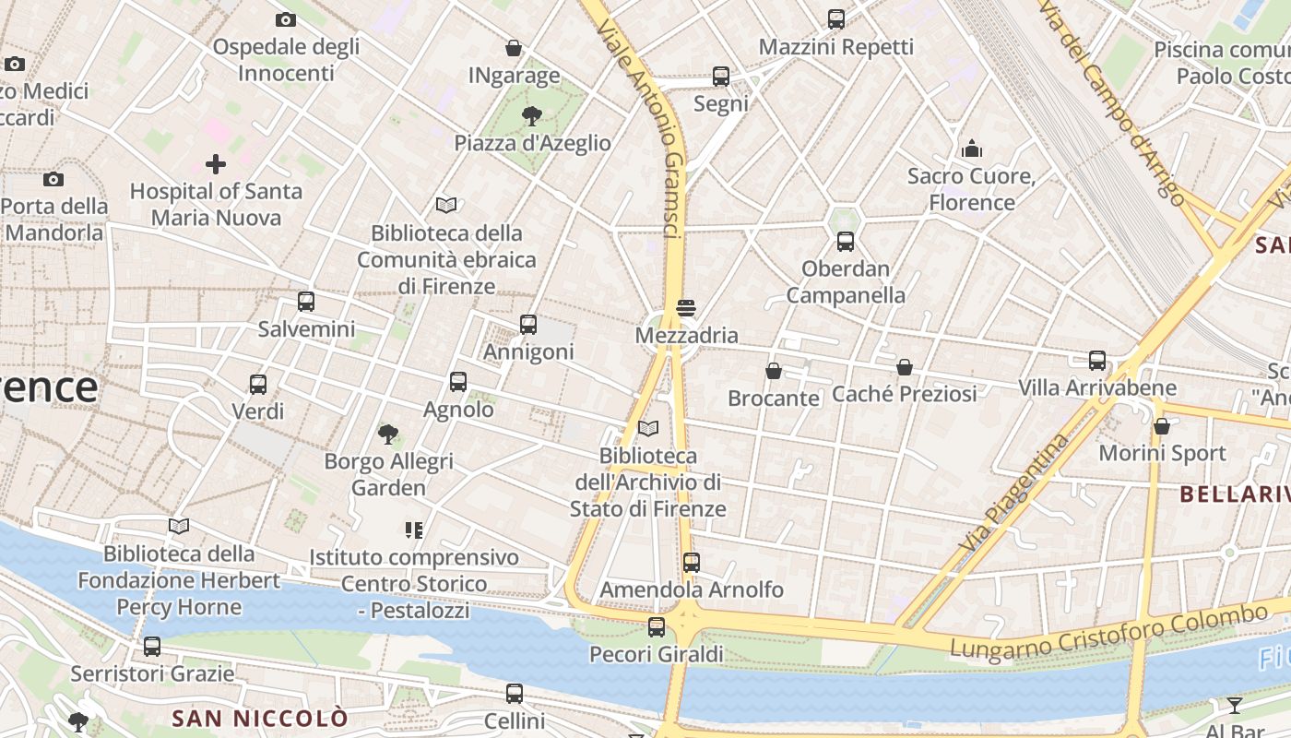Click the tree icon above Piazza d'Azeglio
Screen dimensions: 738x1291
(x=531, y=115)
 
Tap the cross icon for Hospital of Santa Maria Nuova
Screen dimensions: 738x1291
(x=216, y=164)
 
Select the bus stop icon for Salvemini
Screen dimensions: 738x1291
(x=306, y=301)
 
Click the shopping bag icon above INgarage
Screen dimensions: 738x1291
(x=514, y=48)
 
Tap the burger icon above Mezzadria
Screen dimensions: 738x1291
(x=686, y=307)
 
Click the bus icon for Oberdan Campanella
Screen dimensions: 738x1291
(x=846, y=242)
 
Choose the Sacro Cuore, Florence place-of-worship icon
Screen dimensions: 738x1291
(x=972, y=149)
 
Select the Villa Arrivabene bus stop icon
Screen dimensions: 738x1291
(x=1097, y=360)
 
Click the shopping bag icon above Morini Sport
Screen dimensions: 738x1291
(x=1162, y=426)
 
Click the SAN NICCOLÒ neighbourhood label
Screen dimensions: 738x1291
(x=260, y=718)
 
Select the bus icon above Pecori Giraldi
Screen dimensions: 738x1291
(x=657, y=627)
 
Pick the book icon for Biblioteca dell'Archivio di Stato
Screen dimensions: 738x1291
(x=648, y=428)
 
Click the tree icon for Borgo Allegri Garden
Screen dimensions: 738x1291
(x=388, y=434)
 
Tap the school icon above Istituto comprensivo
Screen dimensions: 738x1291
(x=413, y=530)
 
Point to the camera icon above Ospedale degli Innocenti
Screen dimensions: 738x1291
(x=286, y=19)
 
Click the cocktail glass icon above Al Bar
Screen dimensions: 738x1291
(x=1235, y=706)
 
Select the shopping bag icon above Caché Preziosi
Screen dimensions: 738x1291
(x=905, y=367)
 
